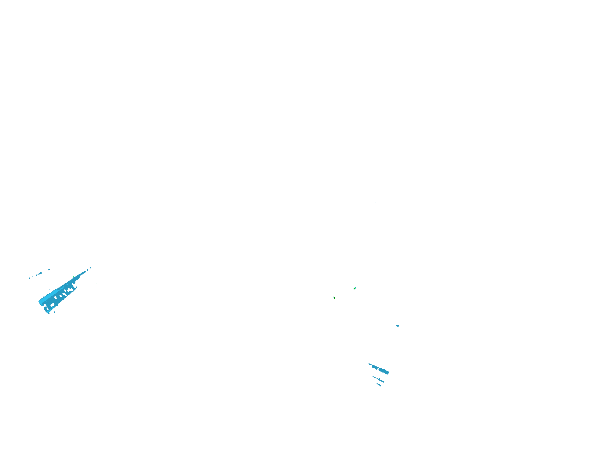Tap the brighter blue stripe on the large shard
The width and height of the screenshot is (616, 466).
pyautogui.click(x=52, y=295)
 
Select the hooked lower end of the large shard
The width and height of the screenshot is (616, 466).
pyautogui.click(x=48, y=311)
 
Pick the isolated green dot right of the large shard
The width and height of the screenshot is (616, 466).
pyautogui.click(x=96, y=284)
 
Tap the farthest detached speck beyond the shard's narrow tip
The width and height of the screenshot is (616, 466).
pyautogui.click(x=90, y=268)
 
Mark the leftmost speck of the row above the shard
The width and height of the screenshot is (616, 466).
pyautogui.click(x=29, y=278)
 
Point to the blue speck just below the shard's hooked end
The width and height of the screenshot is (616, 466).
pyautogui.click(x=54, y=312)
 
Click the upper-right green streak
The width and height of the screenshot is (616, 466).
pyautogui.click(x=355, y=288)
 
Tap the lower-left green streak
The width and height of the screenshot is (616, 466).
pyautogui.click(x=334, y=298)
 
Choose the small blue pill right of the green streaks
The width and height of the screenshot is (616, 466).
pyautogui.click(x=397, y=326)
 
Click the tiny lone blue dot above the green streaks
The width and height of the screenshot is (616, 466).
pyautogui.click(x=376, y=202)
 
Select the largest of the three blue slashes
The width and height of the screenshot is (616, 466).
pyautogui.click(x=380, y=369)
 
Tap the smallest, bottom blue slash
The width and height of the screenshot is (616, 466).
pyautogui.click(x=379, y=385)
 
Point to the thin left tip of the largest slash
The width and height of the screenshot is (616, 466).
pyautogui.click(x=369, y=364)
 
